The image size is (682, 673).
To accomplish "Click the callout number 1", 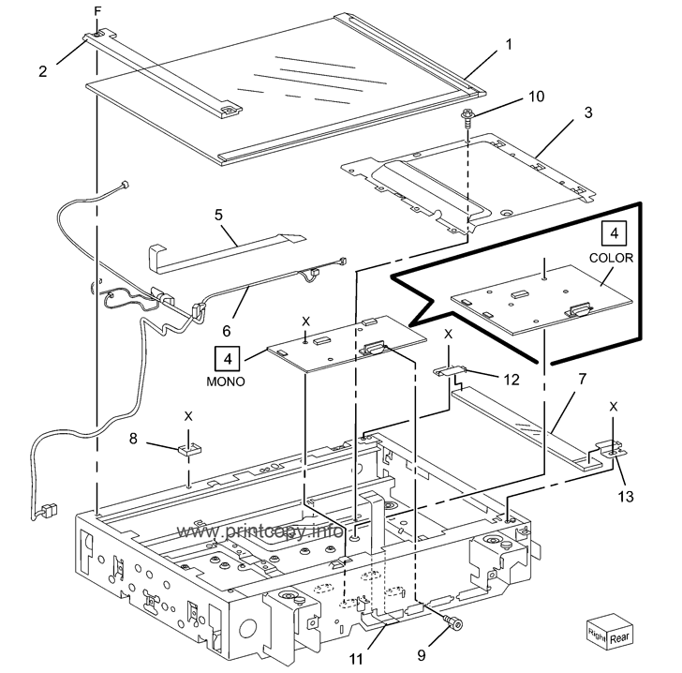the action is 509,44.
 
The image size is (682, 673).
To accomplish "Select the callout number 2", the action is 43,71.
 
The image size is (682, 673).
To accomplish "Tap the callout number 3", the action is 588,112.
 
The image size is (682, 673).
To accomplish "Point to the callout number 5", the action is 218,215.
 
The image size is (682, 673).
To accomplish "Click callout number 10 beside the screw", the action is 536,97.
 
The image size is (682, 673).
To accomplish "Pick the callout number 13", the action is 626,496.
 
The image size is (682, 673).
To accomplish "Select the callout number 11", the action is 356,660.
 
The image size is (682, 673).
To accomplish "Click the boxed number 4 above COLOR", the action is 615,233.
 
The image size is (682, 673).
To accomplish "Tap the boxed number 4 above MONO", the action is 228,359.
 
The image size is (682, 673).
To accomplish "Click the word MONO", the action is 226,381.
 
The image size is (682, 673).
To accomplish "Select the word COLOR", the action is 611,258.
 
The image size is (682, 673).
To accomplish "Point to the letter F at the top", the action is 97,12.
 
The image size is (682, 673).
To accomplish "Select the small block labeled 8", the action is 189,448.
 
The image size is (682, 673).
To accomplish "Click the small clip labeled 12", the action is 450,371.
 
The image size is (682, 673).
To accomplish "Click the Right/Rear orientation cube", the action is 609,632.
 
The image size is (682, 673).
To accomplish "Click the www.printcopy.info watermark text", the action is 259,531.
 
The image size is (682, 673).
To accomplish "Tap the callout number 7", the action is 582,379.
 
